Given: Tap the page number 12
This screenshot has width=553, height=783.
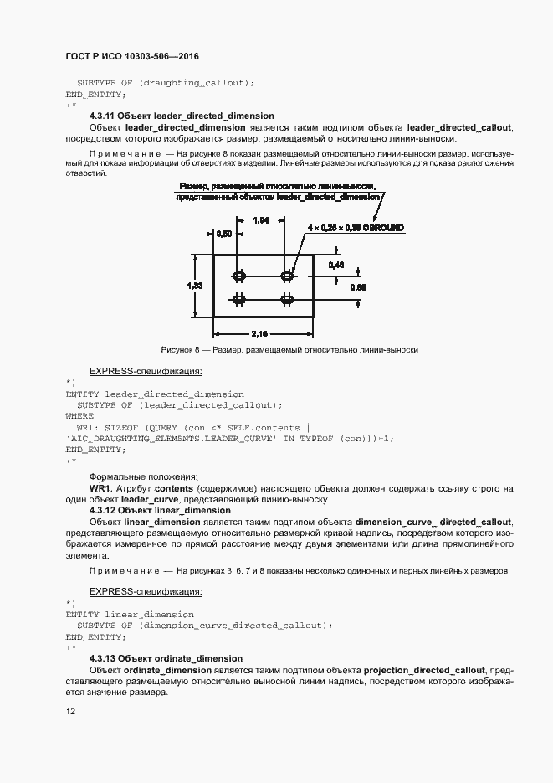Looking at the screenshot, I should coord(70,712).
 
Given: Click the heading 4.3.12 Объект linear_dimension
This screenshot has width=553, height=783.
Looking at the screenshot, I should coord(160,510).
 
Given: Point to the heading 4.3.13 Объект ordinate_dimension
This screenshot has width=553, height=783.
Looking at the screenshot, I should coord(166,658).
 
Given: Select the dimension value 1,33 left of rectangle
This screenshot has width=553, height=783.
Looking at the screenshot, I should coord(193,286).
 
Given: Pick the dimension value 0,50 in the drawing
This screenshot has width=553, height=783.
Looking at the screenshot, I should coord(224,234).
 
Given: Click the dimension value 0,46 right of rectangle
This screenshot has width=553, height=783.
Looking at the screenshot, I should coord(336,265).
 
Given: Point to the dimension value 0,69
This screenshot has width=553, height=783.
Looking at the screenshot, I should coord(357,286).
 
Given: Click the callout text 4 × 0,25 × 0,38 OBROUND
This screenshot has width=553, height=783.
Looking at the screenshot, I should coord(356,227).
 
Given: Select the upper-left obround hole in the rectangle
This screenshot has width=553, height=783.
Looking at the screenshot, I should coord(240,275).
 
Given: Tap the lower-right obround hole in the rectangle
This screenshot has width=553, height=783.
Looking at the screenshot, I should coord(287,299).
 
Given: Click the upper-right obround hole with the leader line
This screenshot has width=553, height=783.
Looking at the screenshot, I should coord(287,275).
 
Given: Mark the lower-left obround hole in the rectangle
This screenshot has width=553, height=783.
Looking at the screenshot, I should coord(240,299).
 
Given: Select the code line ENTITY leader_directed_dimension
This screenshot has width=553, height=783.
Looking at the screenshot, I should coord(155,394).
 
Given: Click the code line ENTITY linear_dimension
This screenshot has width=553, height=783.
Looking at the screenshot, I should coord(129,614).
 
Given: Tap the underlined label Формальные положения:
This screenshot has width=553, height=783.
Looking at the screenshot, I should coord(143,476).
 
